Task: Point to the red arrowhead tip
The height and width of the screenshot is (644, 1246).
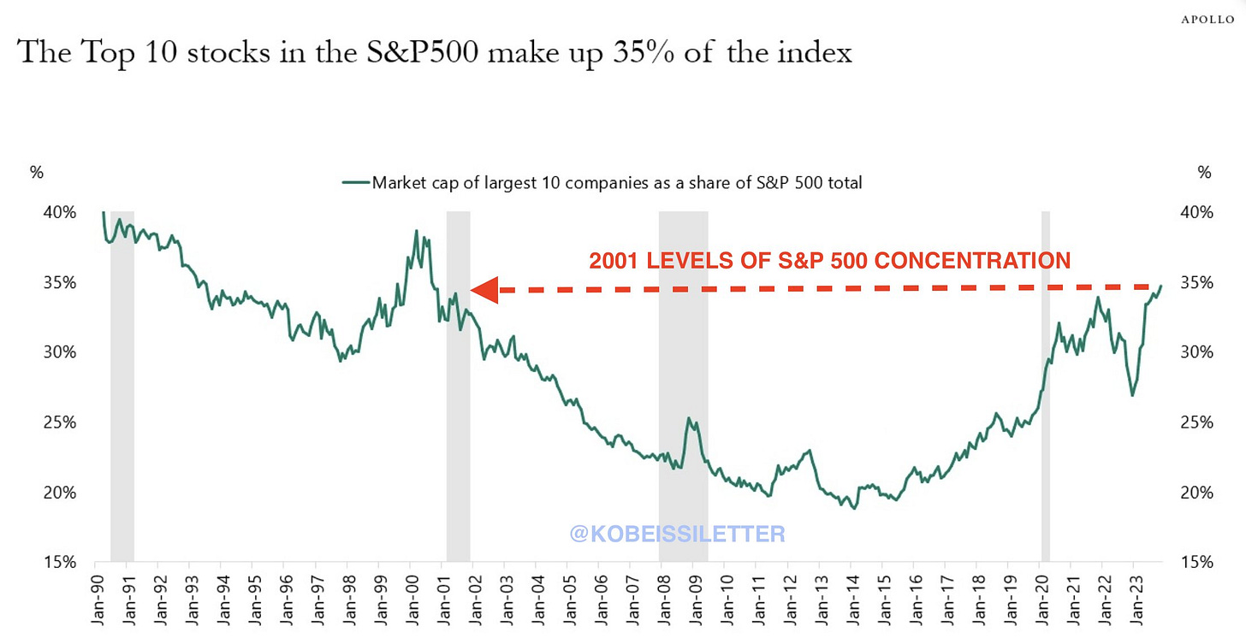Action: point(472,290)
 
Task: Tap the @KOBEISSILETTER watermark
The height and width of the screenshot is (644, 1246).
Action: point(676,535)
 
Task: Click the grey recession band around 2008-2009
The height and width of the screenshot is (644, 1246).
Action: point(683,385)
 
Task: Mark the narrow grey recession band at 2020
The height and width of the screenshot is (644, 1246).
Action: point(1045,385)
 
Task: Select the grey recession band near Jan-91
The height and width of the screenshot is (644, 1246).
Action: point(122,385)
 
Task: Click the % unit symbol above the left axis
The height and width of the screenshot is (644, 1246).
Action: point(36,173)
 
